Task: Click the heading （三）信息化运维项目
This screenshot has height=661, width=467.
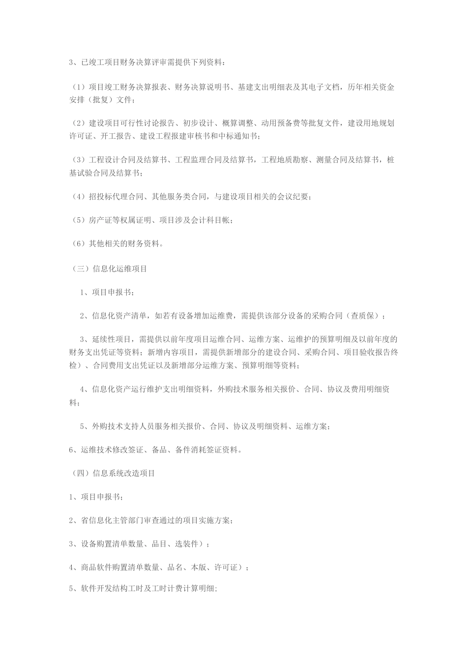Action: coord(109,269)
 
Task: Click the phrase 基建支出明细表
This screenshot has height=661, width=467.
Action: coord(264,88)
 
